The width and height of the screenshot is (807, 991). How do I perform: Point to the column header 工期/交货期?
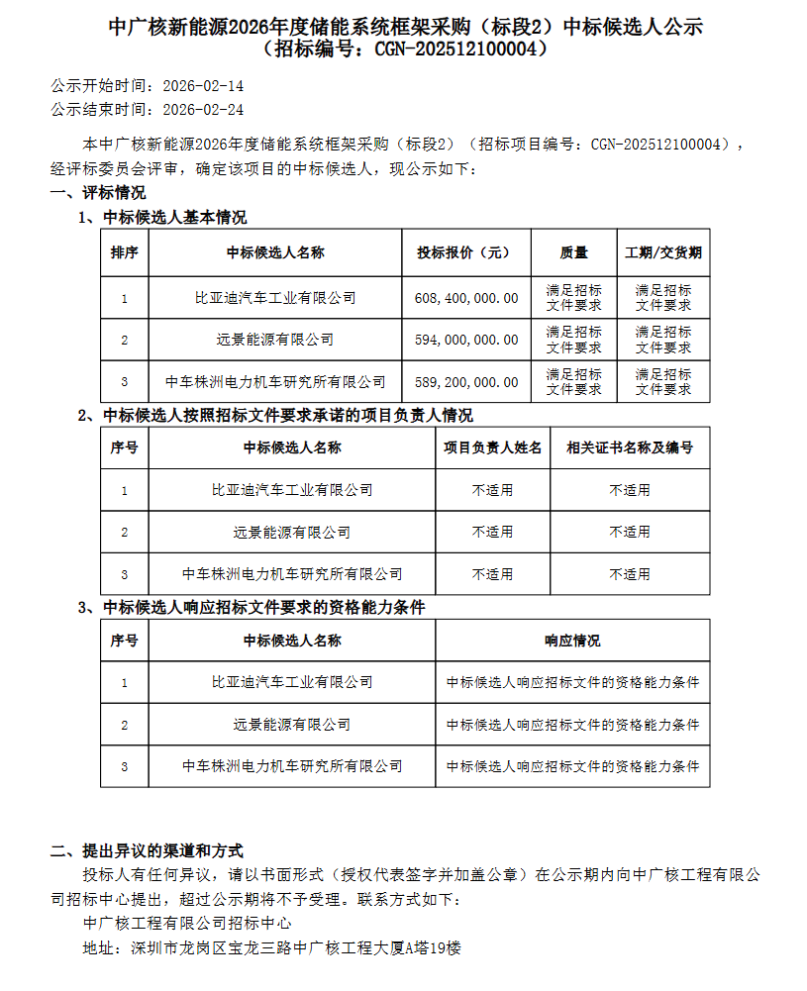tap(663, 252)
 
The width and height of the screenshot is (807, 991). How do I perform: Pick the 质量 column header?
tap(574, 252)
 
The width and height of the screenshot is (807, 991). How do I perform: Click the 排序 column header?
tap(125, 252)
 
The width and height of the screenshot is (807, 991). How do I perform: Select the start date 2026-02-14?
tap(202, 87)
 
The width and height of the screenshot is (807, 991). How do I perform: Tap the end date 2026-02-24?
tap(202, 110)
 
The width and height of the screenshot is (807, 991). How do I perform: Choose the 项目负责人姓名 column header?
tap(493, 447)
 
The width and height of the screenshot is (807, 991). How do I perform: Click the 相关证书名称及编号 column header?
tap(630, 447)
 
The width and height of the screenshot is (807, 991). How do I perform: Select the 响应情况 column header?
tap(572, 641)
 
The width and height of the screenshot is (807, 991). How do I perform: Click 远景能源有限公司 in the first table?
tap(275, 340)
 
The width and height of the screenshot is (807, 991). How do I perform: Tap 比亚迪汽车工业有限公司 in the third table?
tap(292, 682)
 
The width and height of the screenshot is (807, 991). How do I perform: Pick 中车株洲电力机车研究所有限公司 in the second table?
tap(292, 574)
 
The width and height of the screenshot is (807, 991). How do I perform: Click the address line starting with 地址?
tap(272, 947)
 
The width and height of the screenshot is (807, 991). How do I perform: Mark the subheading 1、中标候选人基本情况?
tap(162, 217)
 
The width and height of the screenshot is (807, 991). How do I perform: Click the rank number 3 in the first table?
tap(125, 381)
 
